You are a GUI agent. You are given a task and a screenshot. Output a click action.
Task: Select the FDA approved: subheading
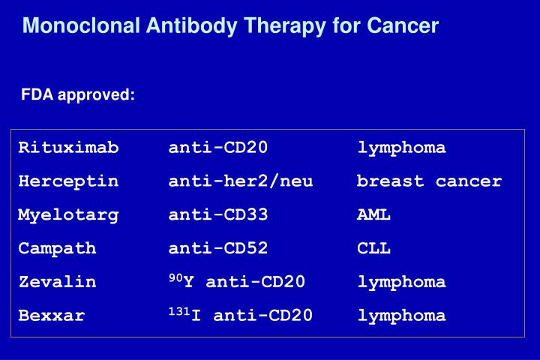pos(78,95)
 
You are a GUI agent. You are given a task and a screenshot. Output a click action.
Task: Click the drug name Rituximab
pos(68,148)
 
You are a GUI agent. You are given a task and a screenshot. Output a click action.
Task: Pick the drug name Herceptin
pos(68,181)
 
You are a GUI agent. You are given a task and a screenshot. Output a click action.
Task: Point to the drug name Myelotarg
pos(68,215)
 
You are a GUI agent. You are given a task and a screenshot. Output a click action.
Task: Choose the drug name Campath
pos(57,248)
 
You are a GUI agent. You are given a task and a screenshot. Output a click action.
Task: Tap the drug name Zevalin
pos(57,282)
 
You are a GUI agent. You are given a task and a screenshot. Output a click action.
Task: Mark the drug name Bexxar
pos(52,316)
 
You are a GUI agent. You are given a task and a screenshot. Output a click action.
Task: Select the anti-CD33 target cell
pos(218,215)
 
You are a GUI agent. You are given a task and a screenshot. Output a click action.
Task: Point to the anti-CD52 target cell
pos(218,248)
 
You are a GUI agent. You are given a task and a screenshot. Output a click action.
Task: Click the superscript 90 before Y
pos(175,278)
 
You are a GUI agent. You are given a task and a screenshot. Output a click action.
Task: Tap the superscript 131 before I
pos(178,311)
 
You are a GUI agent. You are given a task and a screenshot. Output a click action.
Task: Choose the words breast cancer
pos(429,181)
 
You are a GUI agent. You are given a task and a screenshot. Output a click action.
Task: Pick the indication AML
pos(373,215)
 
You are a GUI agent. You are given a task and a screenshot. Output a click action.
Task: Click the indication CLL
pos(373,248)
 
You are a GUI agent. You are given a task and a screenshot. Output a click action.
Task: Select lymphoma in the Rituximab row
pos(401,148)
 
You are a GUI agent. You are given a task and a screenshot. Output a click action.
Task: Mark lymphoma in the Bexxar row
pos(401,316)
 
